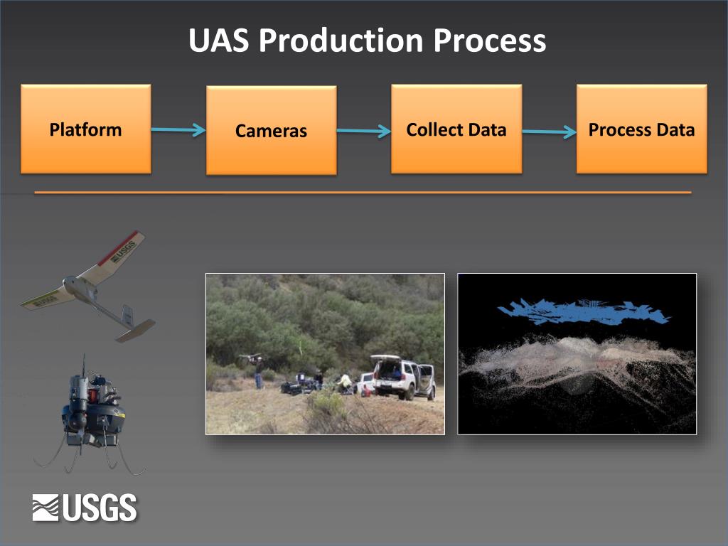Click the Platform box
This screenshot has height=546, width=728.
pyautogui.click(x=85, y=129)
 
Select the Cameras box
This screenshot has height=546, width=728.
pyautogui.click(x=271, y=131)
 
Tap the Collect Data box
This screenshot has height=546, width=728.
pyautogui.click(x=456, y=129)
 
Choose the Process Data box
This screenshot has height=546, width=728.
pyautogui.click(x=641, y=129)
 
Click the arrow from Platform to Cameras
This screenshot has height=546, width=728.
pyautogui.click(x=178, y=130)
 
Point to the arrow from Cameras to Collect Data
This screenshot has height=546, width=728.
pyautogui.click(x=363, y=131)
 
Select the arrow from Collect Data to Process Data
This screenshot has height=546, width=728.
pyautogui.click(x=549, y=132)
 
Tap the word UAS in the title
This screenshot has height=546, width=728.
pyautogui.click(x=219, y=41)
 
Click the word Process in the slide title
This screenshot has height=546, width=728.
pyautogui.click(x=490, y=41)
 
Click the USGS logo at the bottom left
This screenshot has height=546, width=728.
pyautogui.click(x=84, y=508)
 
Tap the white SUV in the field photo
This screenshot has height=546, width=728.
pyautogui.click(x=403, y=378)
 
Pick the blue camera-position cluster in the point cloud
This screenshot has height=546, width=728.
pyautogui.click(x=583, y=311)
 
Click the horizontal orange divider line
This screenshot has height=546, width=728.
pyautogui.click(x=363, y=192)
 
